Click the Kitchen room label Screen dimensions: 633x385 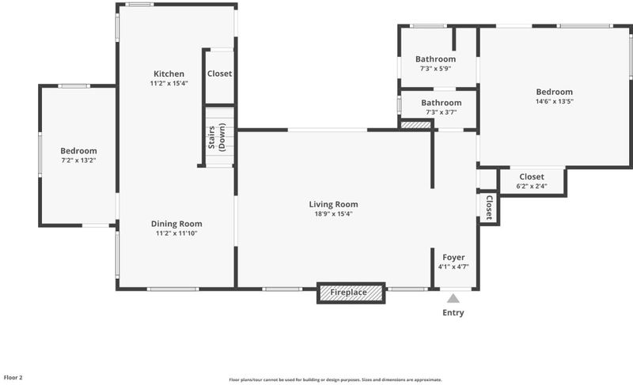click(x=169, y=74)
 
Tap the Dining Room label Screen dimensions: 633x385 click(x=176, y=224)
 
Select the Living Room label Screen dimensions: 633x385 click(x=333, y=205)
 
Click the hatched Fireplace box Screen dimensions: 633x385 click(x=351, y=293)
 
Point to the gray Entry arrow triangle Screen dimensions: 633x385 click(x=453, y=298)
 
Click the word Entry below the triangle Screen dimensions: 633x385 click(x=453, y=312)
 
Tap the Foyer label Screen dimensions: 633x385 click(x=453, y=257)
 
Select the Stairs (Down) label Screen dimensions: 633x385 click(x=216, y=137)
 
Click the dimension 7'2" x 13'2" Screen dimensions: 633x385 click(x=78, y=160)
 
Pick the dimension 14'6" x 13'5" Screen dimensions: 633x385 click(x=555, y=102)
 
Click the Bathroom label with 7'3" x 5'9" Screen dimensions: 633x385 click(x=436, y=59)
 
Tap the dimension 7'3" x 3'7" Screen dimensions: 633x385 click(x=441, y=112)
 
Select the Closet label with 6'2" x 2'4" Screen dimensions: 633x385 click(x=532, y=176)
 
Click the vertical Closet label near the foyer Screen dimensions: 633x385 click(x=489, y=207)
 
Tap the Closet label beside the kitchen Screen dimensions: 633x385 click(x=220, y=74)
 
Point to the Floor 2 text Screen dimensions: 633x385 click(x=13, y=378)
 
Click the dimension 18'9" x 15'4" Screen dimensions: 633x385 click(x=333, y=214)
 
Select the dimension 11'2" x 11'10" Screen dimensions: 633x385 click(x=176, y=233)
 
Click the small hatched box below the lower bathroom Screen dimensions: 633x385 click(x=416, y=126)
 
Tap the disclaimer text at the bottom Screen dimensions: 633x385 click(x=335, y=379)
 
